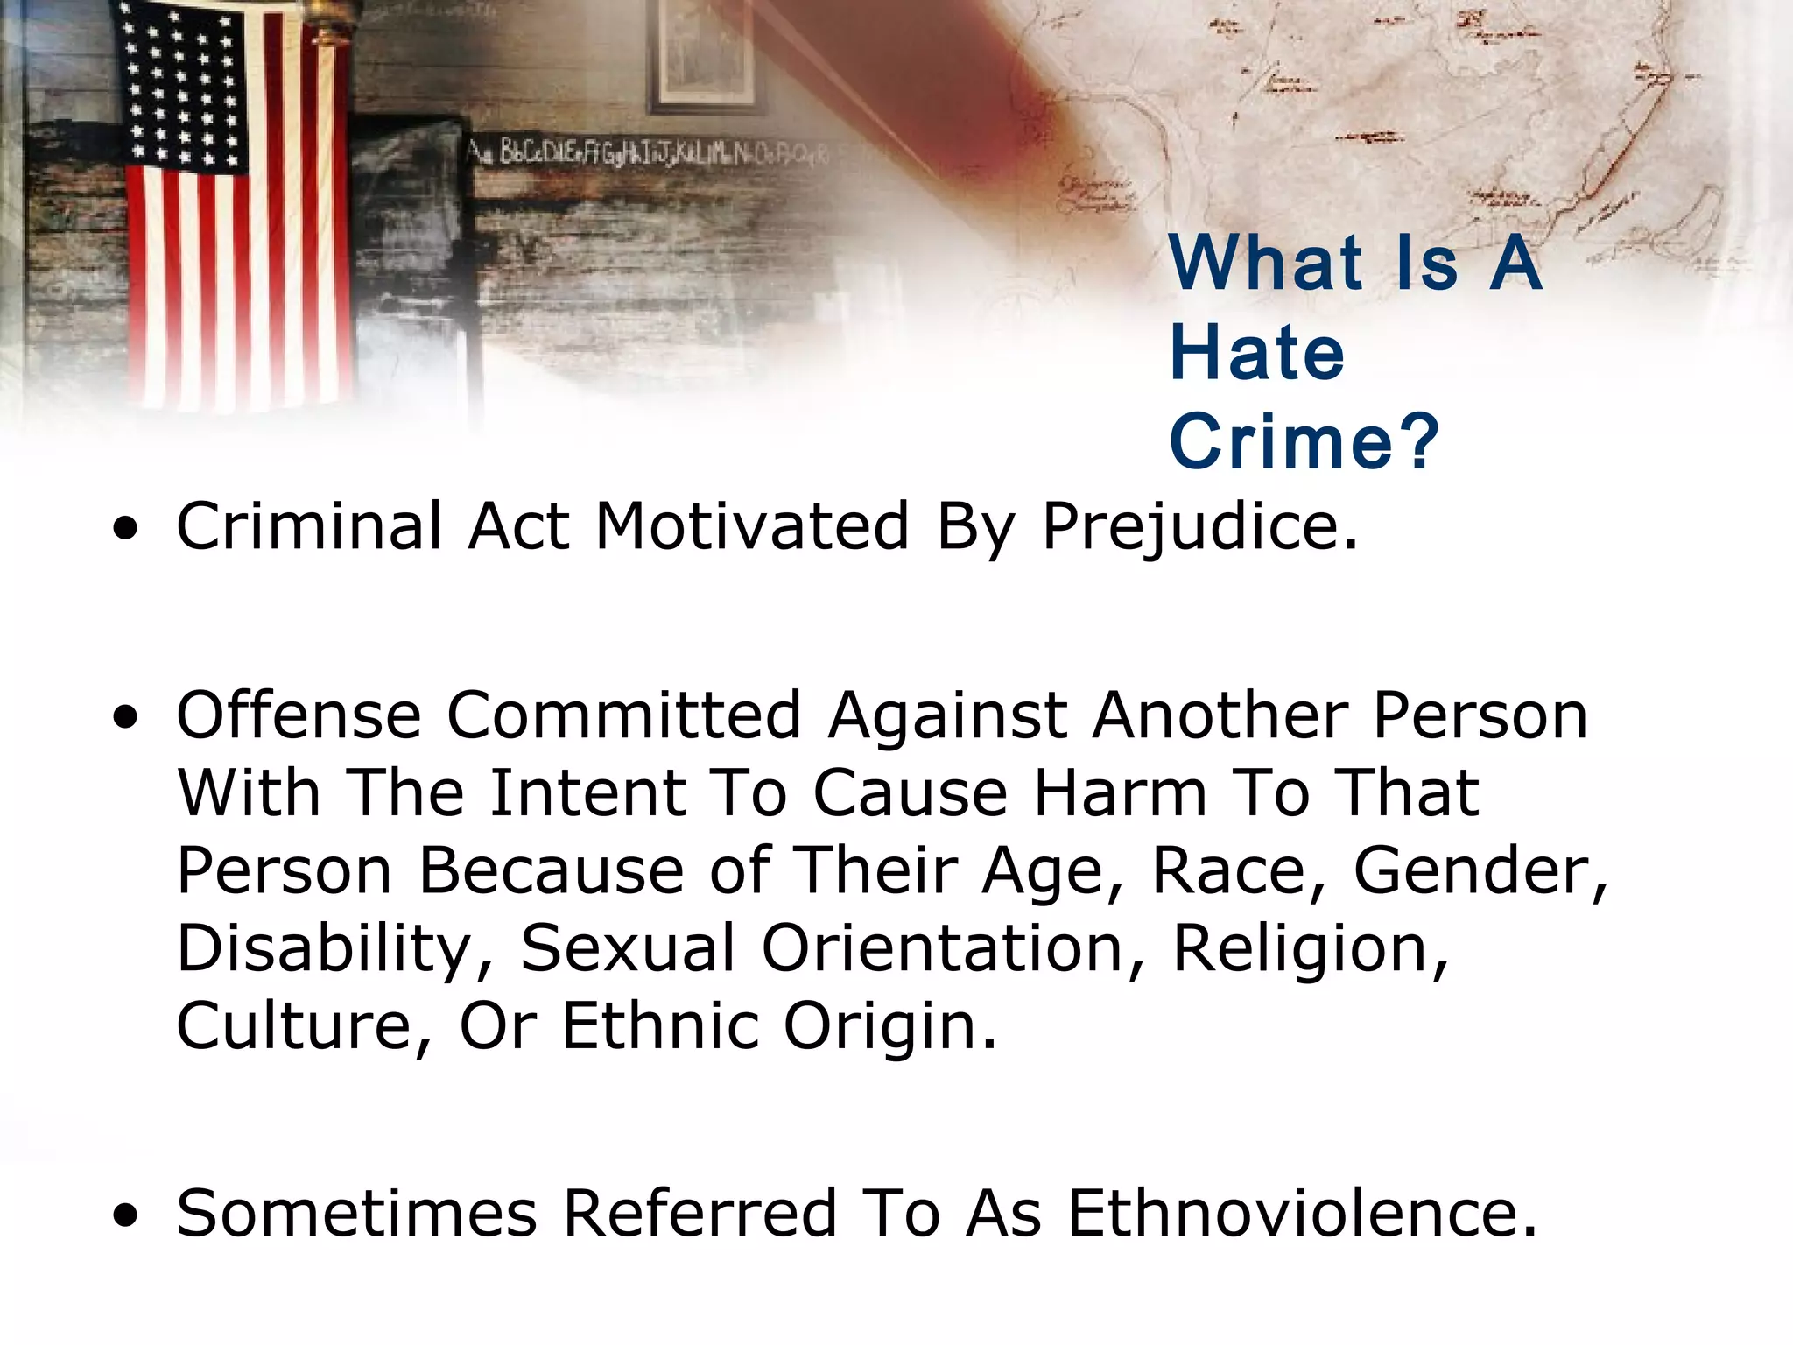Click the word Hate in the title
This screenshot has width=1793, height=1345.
[x=1256, y=353]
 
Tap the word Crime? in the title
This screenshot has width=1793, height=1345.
[x=1303, y=442]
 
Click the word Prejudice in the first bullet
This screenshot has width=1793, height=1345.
[x=1199, y=528]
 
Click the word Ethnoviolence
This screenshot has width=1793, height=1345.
[x=1301, y=1214]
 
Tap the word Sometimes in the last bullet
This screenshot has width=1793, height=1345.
[x=356, y=1214]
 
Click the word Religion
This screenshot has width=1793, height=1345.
[x=1310, y=949]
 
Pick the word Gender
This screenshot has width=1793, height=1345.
[x=1480, y=871]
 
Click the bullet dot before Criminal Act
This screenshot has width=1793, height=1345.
[x=126, y=529]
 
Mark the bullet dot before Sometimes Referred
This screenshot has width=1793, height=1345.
[x=126, y=1215]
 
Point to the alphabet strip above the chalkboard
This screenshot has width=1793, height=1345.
[x=648, y=153]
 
